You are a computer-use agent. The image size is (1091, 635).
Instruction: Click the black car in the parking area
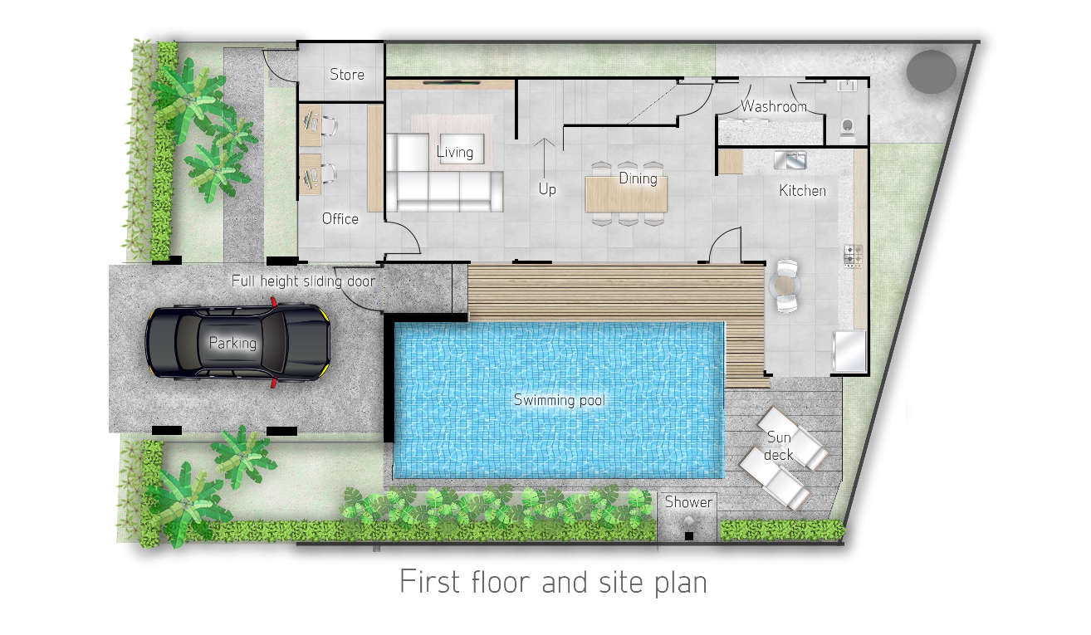pos(238,342)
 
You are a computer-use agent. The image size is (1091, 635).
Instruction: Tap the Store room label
pos(347,75)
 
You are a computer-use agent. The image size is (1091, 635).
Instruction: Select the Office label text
pos(340,218)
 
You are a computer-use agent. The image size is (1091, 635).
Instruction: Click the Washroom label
pos(774,106)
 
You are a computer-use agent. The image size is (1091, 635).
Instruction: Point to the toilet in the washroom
pos(848,129)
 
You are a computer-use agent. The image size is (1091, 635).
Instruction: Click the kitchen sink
pos(790,159)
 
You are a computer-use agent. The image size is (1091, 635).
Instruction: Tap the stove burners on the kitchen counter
pos(853,256)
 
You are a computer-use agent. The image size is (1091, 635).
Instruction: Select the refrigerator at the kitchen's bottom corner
pos(849,351)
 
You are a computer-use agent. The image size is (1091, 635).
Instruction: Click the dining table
pos(626,194)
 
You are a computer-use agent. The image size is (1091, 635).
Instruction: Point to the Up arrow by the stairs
pos(544,158)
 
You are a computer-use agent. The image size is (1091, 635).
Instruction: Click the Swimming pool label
pos(559,400)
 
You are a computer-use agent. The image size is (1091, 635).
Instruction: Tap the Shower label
pos(688,501)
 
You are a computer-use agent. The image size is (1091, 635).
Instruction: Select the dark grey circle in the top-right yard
pos(932,71)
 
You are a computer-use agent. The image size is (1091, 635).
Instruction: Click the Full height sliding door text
pos(303,281)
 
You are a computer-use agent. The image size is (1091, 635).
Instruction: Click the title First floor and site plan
pos(553,581)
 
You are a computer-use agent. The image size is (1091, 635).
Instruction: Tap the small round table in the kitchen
pos(784,286)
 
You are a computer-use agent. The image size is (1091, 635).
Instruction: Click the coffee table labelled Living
pos(462,149)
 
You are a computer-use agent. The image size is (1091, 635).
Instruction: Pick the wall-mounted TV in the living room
pos(451,83)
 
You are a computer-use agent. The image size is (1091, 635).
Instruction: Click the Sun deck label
pos(779,446)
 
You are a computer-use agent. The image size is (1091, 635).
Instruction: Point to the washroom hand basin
pos(847,85)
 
